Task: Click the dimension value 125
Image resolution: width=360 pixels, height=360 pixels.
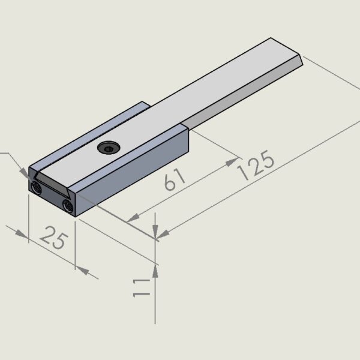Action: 256,165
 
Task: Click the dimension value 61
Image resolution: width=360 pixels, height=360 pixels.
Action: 175,179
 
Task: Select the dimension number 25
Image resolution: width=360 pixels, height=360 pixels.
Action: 54,238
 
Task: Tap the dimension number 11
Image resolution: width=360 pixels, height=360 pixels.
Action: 142,288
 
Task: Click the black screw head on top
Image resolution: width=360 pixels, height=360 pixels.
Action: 109,148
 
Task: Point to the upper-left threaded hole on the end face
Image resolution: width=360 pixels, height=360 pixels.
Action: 36,188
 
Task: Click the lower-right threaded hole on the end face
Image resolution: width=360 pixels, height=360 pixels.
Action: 68,206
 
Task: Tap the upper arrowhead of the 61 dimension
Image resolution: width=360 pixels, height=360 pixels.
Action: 232,161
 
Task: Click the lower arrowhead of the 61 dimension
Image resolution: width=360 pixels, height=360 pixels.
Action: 133,218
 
